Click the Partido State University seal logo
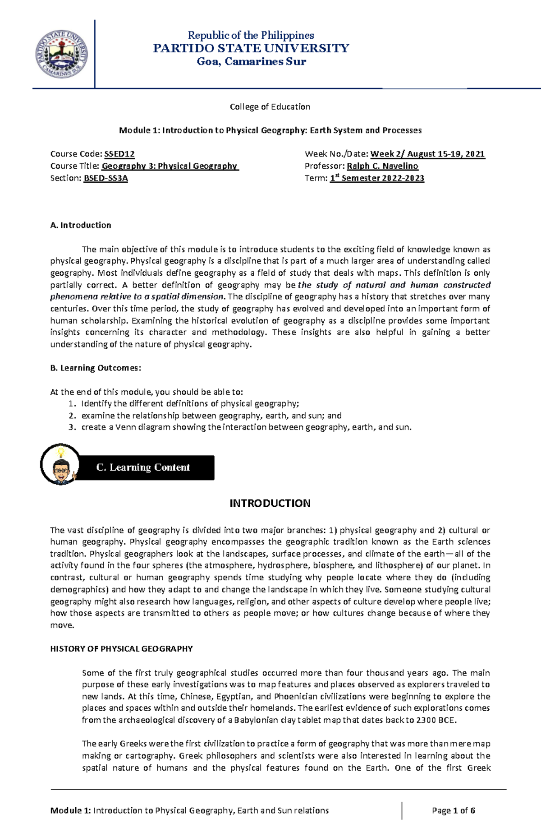point(61,54)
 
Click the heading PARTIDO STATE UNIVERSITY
point(251,48)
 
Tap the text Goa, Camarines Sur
point(251,61)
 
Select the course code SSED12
point(119,154)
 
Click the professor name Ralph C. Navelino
point(382,166)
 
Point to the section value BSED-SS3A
point(106,178)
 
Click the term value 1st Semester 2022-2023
point(377,178)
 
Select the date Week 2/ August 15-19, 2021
point(427,154)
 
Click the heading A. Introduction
point(81,225)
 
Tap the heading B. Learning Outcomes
point(96,368)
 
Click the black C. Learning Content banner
point(143,467)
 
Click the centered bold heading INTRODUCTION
point(270,504)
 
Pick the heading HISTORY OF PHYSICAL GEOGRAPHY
point(121,649)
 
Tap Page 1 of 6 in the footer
point(453,810)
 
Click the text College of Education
point(270,107)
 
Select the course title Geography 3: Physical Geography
point(170,166)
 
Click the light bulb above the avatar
point(60,452)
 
